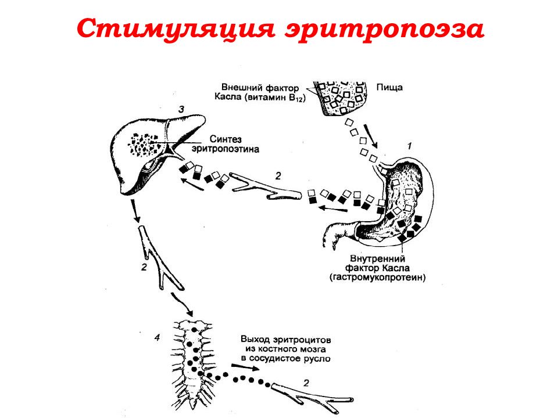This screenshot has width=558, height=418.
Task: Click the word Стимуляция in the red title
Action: click(x=176, y=29)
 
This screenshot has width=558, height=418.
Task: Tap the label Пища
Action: click(x=389, y=88)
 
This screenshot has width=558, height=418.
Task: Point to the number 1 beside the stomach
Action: click(x=410, y=146)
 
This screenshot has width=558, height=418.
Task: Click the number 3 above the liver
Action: click(x=181, y=110)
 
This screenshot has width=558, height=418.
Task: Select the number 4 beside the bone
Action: click(x=157, y=338)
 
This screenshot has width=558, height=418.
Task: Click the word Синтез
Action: click(x=226, y=139)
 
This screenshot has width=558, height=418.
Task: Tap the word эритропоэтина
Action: click(x=226, y=149)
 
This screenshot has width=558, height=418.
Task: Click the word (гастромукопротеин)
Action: click(x=378, y=278)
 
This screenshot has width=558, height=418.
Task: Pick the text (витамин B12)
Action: click(x=275, y=98)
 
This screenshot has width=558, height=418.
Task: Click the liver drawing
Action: click(x=156, y=153)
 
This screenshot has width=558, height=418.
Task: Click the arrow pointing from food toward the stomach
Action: click(x=370, y=136)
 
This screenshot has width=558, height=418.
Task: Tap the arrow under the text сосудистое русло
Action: click(x=245, y=367)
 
